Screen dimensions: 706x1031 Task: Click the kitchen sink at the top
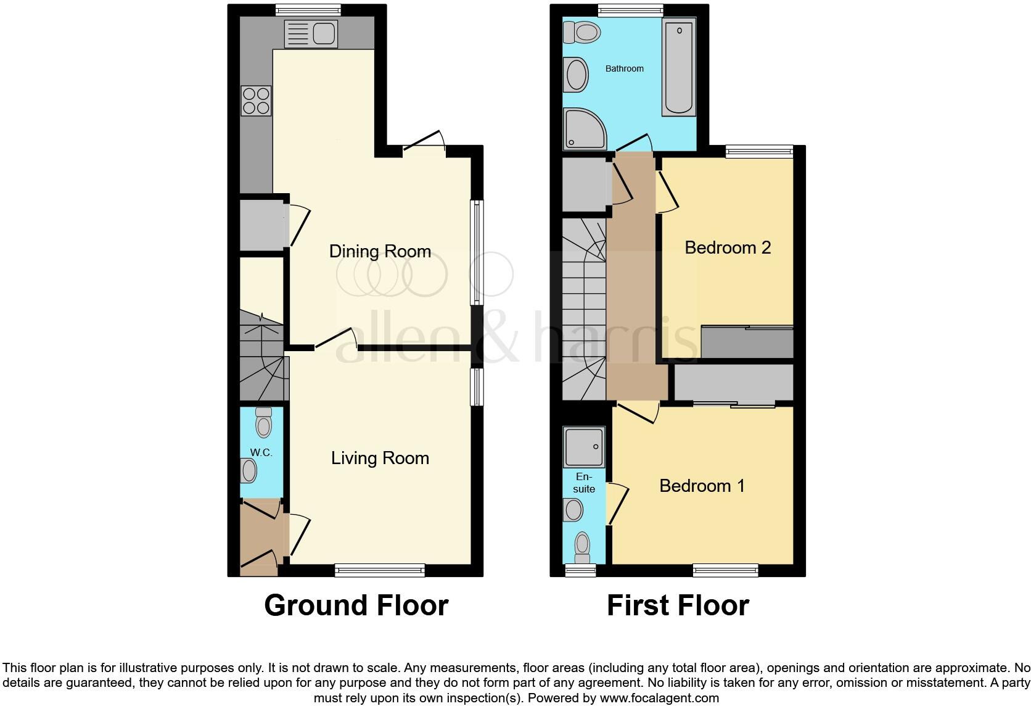pyautogui.click(x=311, y=32)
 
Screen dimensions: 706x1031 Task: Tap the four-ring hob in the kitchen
pyautogui.click(x=256, y=101)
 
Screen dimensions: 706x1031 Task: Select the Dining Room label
pyautogui.click(x=380, y=251)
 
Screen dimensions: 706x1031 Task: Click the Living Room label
pyautogui.click(x=380, y=458)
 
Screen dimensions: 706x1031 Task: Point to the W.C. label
pyautogui.click(x=261, y=452)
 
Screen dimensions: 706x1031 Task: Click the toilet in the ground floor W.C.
pyautogui.click(x=263, y=423)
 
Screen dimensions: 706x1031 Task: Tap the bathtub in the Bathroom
pyautogui.click(x=678, y=67)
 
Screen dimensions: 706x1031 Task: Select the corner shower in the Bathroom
pyautogui.click(x=582, y=129)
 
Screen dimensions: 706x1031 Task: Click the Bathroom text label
pyautogui.click(x=624, y=69)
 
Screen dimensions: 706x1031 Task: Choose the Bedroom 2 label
pyautogui.click(x=728, y=247)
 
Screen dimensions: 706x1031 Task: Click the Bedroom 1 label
pyautogui.click(x=702, y=486)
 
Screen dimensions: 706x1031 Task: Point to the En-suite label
pyautogui.click(x=584, y=483)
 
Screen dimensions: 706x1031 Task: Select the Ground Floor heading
pyautogui.click(x=356, y=605)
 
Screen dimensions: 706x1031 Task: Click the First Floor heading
pyautogui.click(x=678, y=605)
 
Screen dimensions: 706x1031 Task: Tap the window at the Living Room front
pyautogui.click(x=380, y=570)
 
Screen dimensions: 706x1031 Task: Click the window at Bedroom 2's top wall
pyautogui.click(x=758, y=151)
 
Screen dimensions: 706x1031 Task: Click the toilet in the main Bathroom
pyautogui.click(x=581, y=33)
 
